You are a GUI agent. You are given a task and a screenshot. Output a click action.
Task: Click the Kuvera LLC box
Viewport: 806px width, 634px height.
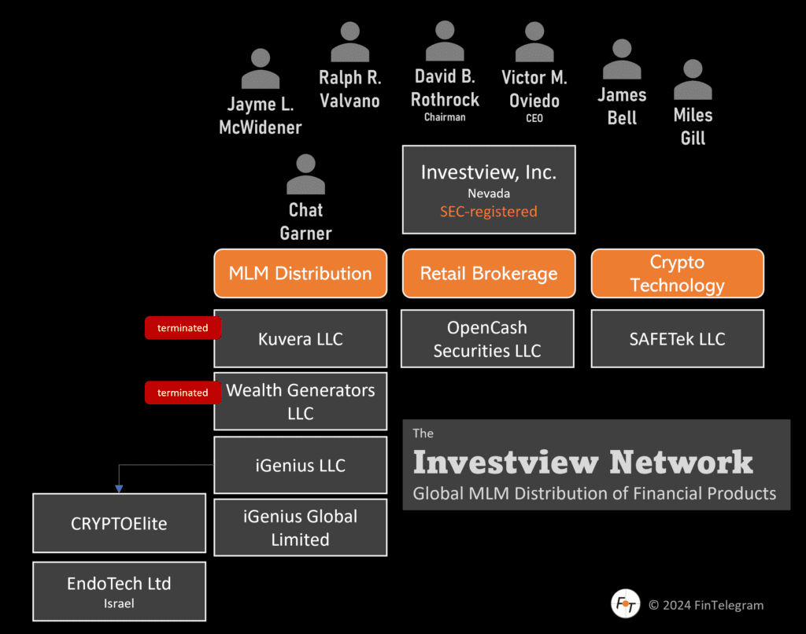click(300, 339)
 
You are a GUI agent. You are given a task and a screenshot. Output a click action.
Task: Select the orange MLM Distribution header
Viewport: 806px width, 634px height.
click(300, 274)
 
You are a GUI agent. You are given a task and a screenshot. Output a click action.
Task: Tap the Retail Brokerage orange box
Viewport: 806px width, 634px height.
click(488, 274)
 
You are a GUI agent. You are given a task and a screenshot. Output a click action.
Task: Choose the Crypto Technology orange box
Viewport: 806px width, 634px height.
click(677, 274)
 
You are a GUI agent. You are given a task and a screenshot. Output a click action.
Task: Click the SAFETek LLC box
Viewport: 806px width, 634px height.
click(677, 339)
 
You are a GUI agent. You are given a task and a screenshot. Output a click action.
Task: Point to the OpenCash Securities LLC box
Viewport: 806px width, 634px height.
click(487, 339)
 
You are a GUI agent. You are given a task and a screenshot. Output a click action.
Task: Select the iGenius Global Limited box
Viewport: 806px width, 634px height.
click(300, 528)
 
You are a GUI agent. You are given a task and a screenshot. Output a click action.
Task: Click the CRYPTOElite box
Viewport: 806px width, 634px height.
click(119, 523)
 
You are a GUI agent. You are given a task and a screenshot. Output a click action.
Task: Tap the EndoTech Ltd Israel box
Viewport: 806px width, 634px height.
click(119, 591)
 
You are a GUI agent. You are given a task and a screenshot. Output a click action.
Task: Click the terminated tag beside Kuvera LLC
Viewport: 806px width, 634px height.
click(183, 328)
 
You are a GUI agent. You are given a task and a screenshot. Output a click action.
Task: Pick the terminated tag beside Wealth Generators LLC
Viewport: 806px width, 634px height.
click(183, 393)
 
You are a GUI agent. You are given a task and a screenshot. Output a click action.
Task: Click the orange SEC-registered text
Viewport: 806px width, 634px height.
click(488, 212)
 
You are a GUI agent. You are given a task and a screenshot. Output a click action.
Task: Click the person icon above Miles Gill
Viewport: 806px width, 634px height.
click(693, 79)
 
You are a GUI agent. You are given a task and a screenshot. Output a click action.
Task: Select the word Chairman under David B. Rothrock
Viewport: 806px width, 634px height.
click(445, 117)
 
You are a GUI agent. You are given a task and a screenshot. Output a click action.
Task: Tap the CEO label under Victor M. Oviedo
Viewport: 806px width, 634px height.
click(534, 119)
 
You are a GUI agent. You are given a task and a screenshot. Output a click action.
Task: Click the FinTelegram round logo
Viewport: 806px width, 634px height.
click(625, 604)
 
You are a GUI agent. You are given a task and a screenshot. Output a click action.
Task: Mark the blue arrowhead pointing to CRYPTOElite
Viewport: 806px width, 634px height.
click(119, 488)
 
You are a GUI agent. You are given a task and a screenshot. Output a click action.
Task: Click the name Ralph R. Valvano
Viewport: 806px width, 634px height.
click(349, 89)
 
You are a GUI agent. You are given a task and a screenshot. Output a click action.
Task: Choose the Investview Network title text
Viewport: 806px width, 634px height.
click(582, 463)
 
